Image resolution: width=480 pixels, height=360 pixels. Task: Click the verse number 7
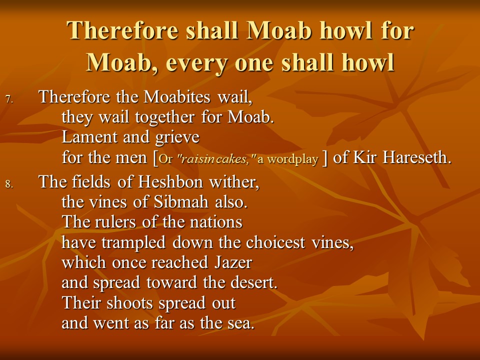click(x=9, y=99)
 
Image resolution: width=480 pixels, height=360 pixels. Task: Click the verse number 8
click(x=9, y=184)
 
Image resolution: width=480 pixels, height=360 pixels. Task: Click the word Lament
click(x=89, y=137)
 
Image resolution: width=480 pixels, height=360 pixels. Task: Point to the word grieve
click(x=177, y=138)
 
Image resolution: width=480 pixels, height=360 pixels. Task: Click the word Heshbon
click(x=170, y=182)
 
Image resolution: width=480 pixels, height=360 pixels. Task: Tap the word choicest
click(x=275, y=242)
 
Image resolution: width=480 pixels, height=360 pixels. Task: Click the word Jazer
click(x=233, y=262)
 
